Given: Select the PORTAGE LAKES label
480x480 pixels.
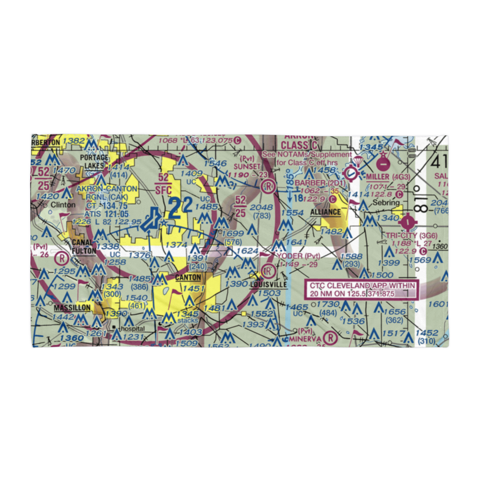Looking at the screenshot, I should click(95, 161).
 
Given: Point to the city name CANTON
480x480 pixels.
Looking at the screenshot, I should click(188, 277).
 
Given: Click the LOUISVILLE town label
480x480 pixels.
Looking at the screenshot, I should click(268, 285).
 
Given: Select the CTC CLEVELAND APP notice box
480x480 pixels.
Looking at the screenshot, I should click(363, 289).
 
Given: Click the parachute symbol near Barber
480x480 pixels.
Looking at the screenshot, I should click(358, 161).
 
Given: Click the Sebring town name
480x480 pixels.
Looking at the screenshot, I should click(387, 203).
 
